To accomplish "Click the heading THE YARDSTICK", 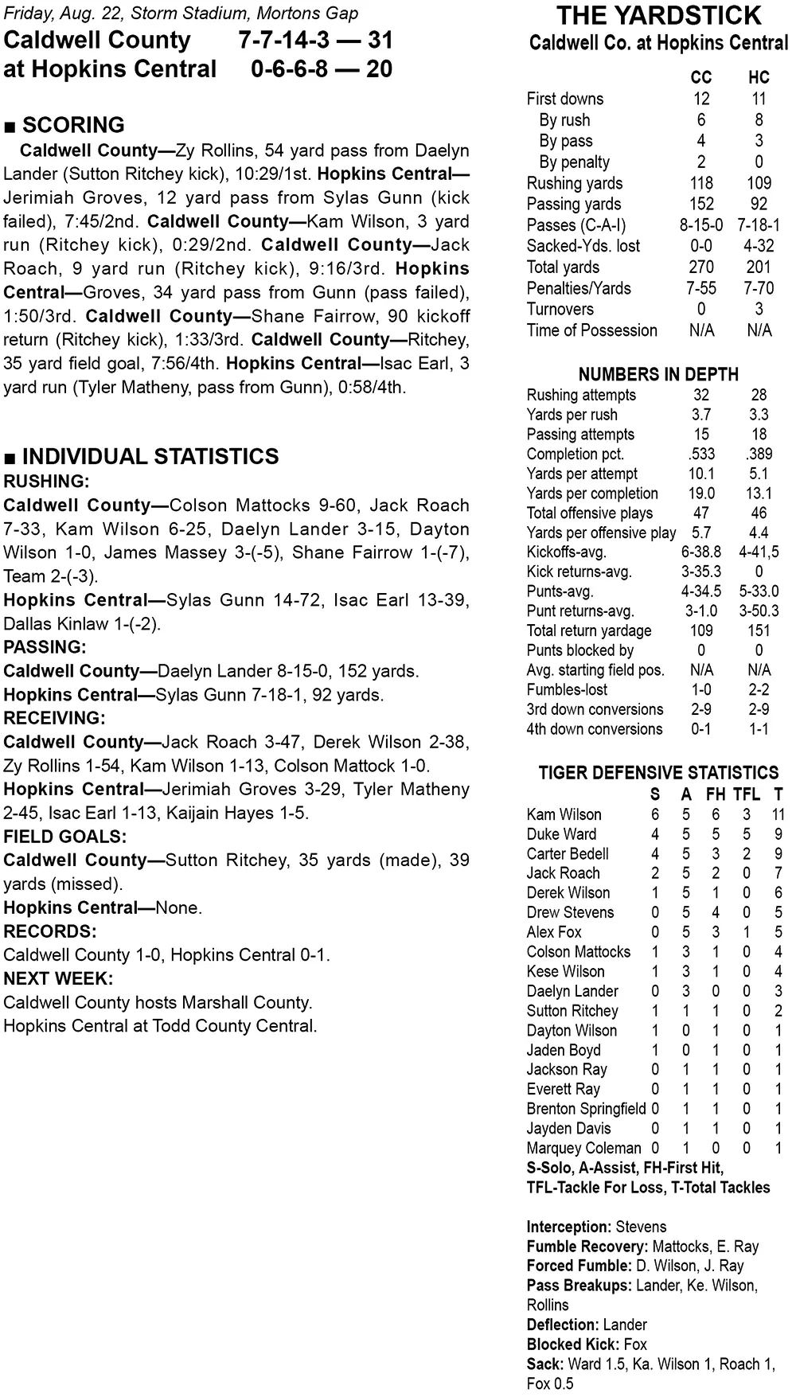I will pos(658,16).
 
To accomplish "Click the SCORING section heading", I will pos(73,125).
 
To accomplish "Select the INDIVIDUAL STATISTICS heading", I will pos(150,456).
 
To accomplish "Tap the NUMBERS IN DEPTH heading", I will pos(658,374).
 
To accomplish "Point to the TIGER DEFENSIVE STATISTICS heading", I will pos(658,772).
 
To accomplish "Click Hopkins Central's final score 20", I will pos(379,69).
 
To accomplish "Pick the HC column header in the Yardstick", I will pos(759,77).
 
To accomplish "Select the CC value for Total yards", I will pos(701,267).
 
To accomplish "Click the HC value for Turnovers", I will pos(759,310).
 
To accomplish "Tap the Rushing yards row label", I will pos(575,183).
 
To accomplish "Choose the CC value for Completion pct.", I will pos(701,454).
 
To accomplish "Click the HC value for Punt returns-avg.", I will pos(759,611).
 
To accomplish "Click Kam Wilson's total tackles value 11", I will pos(778,814).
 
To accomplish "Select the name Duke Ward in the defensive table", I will pos(561,834).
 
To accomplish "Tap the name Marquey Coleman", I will pos(583,1148).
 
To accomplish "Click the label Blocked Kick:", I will pos(570,1344).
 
